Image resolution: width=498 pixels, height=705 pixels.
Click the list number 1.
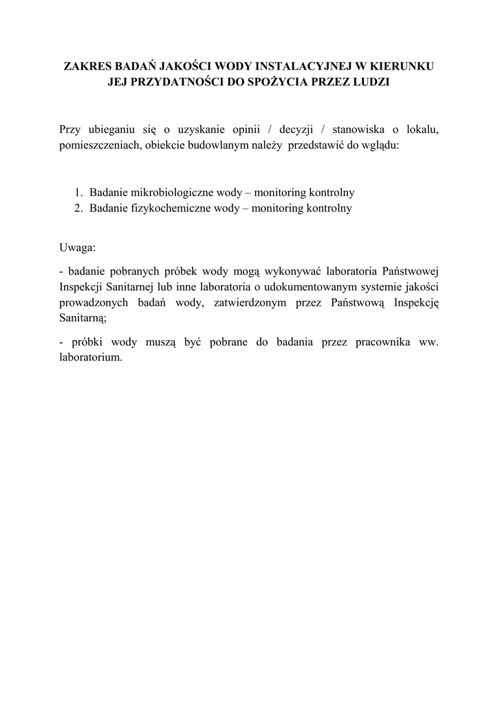pyautogui.click(x=79, y=192)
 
